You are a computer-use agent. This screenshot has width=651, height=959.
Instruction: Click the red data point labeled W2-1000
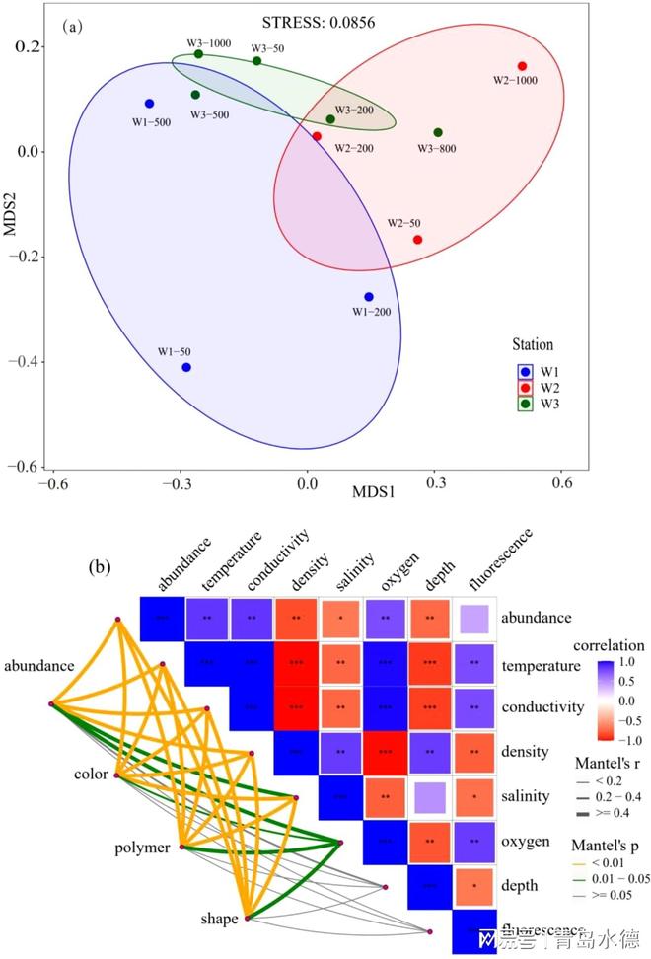522,66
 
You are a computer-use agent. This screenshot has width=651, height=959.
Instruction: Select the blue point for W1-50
186,367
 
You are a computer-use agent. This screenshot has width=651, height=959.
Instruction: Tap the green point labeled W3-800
438,132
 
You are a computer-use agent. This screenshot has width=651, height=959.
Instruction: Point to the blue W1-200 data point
369,296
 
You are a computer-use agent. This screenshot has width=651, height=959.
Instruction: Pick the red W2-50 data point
417,240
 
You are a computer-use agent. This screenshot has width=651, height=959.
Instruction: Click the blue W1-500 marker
149,103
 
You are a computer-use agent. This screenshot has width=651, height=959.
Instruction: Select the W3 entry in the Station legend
538,403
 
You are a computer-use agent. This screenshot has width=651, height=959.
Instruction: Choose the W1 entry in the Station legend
538,371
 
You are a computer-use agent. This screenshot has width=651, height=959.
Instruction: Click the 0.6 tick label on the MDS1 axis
563,482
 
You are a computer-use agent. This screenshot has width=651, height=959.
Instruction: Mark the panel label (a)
71,28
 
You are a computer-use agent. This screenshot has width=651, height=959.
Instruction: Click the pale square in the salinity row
430,795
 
